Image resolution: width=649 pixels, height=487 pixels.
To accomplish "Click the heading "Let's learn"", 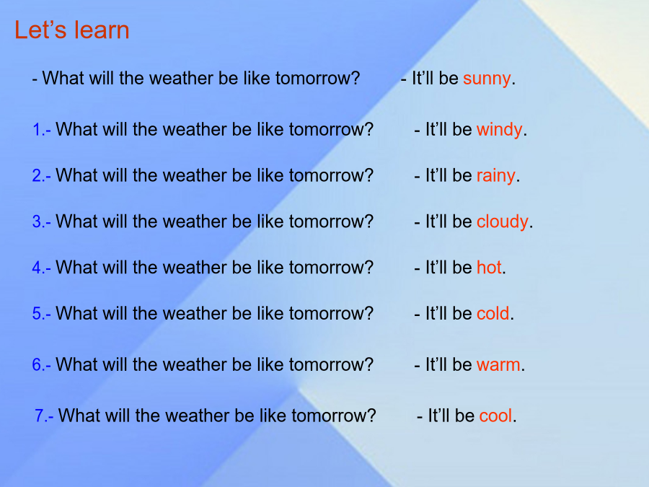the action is coord(72,30).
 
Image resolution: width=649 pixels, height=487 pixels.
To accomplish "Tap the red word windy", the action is coord(499,131).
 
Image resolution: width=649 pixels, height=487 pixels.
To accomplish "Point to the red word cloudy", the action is coord(503,222).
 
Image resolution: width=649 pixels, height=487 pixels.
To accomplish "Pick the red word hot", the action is coord(489,268).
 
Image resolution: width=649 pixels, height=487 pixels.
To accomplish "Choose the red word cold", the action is coord(493,314).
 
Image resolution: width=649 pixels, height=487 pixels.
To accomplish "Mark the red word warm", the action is coord(498,366).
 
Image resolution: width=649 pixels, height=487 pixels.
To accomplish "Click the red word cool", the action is coord(495,416).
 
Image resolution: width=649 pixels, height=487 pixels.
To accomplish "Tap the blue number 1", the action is coord(37,130).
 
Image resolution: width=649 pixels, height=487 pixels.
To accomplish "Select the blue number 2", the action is coord(37,175).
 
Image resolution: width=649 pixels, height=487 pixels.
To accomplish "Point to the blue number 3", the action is coord(37,221).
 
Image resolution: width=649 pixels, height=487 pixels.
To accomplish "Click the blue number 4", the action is coord(37,268).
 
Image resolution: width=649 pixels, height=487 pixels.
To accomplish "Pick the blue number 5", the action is coord(37,314).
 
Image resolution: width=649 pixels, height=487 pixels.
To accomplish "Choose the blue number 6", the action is coord(37,365).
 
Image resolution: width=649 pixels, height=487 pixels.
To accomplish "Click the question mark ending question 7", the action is coord(371,416).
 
